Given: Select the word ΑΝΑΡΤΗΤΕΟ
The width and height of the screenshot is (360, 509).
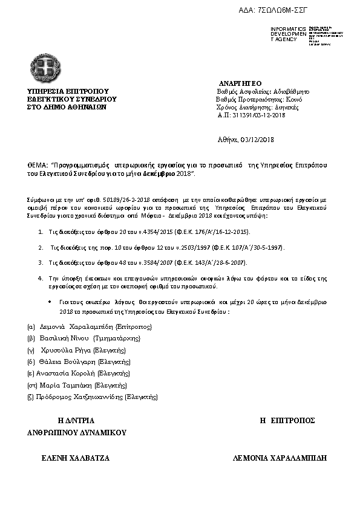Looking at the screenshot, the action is pyautogui.click(x=240, y=82).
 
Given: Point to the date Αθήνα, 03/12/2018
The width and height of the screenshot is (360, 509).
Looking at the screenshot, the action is pyautogui.click(x=246, y=140).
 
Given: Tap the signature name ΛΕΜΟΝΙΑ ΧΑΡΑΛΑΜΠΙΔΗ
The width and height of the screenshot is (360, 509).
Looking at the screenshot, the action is pyautogui.click(x=280, y=458).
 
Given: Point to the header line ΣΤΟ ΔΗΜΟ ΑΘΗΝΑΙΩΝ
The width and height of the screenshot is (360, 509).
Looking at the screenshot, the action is pyautogui.click(x=67, y=106).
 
